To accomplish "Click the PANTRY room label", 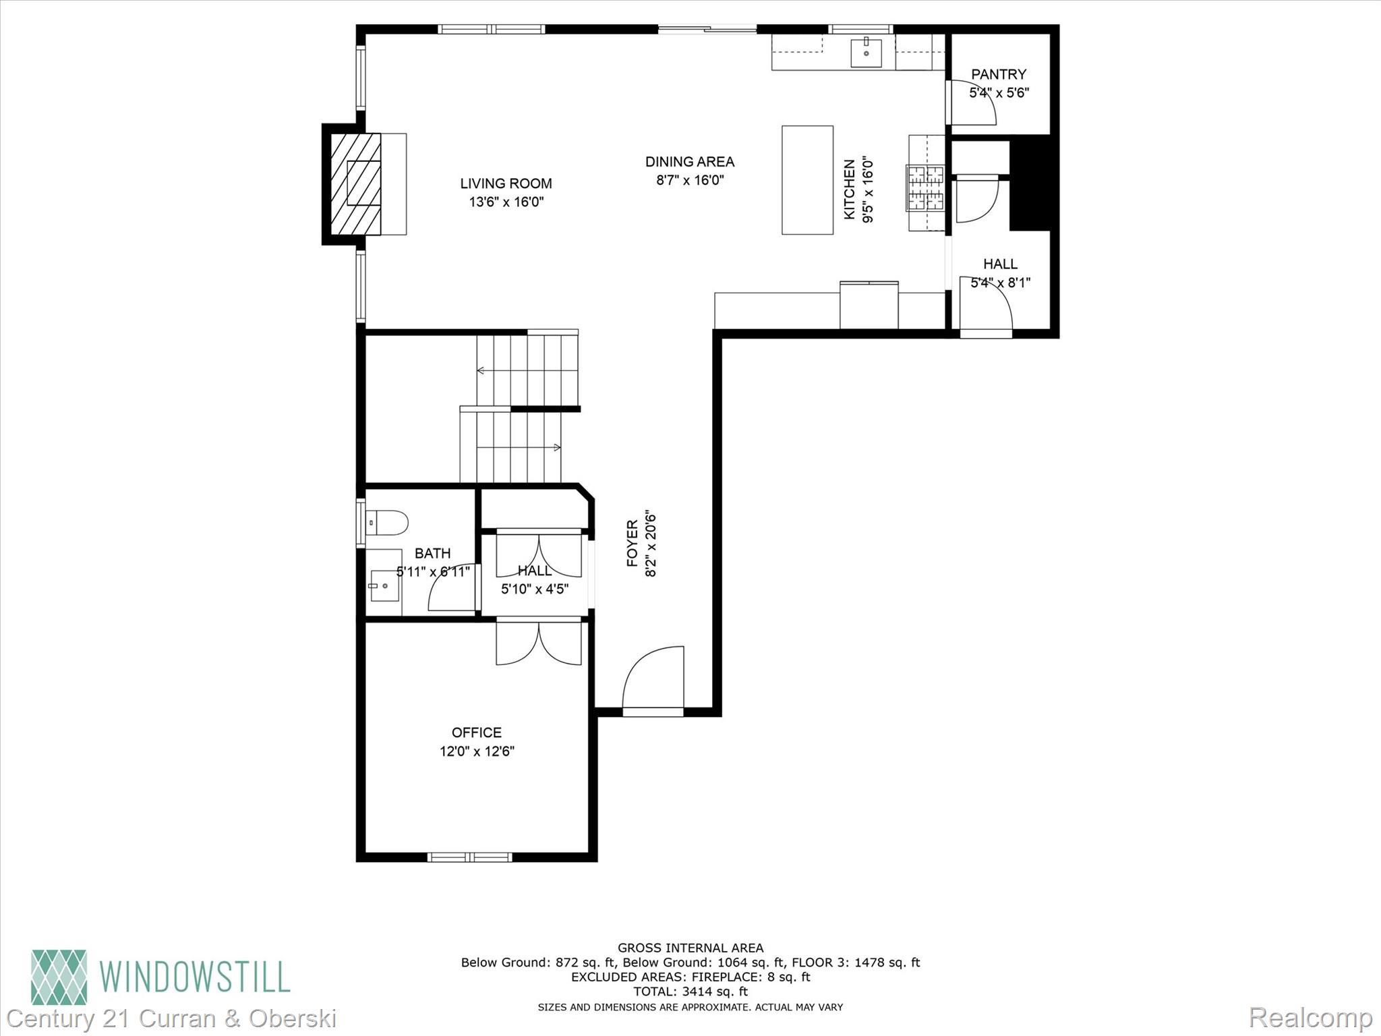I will (x=999, y=74).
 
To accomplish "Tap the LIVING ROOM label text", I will (x=506, y=183).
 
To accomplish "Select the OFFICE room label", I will (x=476, y=732).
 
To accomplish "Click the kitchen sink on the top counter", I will (x=866, y=53).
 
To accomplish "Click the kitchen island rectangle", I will (x=807, y=180).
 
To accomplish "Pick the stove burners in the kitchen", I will (x=926, y=188).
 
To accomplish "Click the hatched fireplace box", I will (x=355, y=183).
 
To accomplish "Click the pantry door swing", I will (x=972, y=103).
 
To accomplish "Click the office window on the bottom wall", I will (x=469, y=857).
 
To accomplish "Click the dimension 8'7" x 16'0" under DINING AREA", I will (x=690, y=180).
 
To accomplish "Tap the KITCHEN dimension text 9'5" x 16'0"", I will (x=868, y=190).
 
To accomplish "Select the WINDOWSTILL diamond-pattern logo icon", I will (x=59, y=977).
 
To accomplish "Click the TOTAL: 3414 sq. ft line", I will (x=690, y=991).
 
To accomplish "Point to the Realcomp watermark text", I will (x=1310, y=1017).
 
